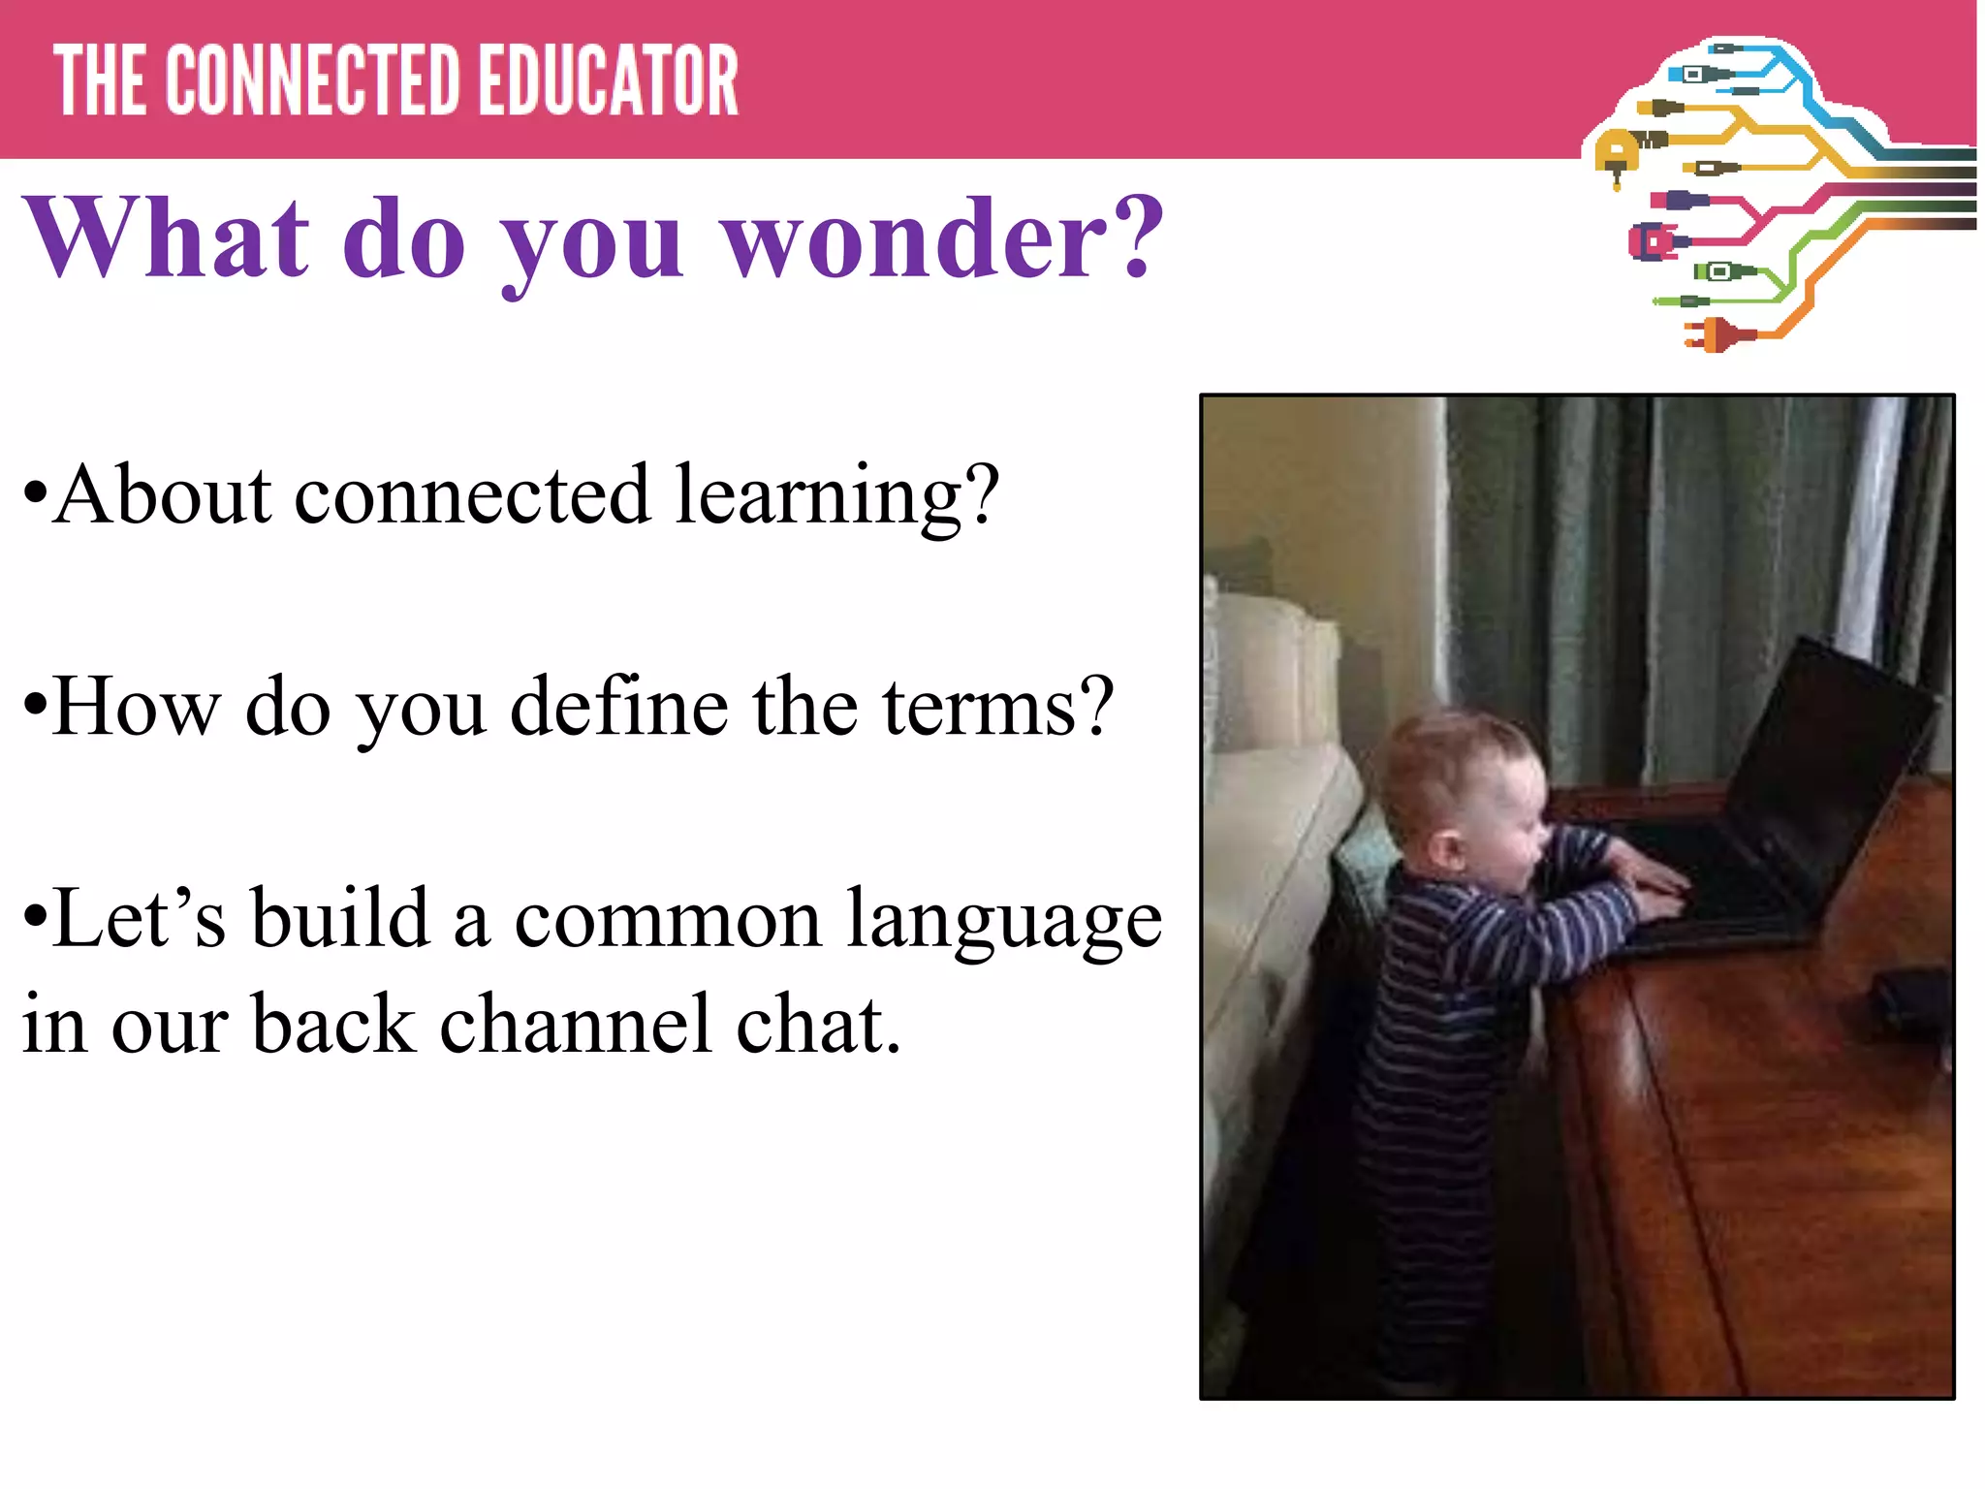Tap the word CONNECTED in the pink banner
coord(313,81)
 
